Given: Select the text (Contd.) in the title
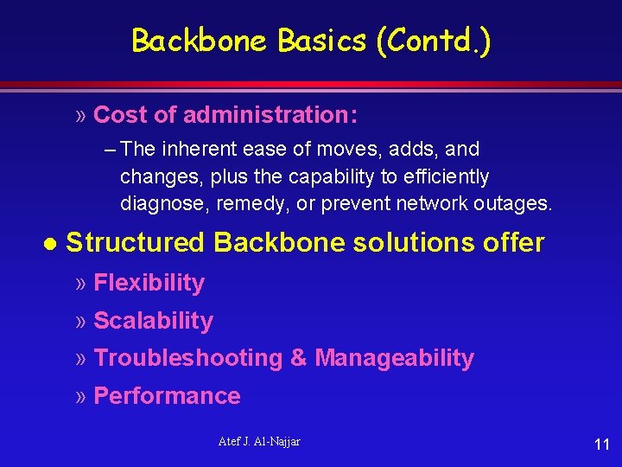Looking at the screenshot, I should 433,41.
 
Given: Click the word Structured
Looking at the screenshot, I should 136,243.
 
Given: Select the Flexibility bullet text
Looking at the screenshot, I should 149,283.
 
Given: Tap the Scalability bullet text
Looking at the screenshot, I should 153,321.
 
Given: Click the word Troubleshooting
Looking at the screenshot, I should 187,358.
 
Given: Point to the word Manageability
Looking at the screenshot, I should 394,358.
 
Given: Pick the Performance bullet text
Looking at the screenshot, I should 167,396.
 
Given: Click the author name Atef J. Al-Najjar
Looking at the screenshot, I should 259,442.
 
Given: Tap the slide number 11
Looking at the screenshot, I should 602,445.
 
